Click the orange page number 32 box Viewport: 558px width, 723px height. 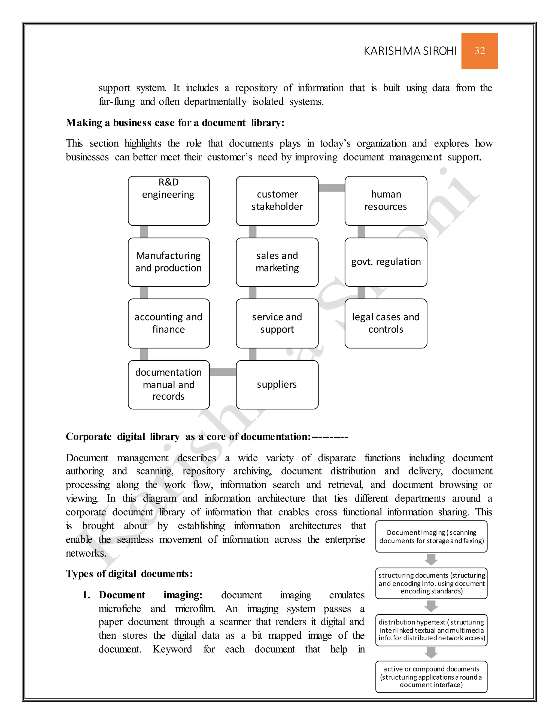[479, 51]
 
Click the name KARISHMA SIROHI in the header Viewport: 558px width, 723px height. [410, 51]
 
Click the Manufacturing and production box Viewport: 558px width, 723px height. [169, 262]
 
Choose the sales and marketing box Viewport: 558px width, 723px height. [277, 262]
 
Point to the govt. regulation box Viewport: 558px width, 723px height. [386, 262]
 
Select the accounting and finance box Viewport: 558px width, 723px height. [169, 323]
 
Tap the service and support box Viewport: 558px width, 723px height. [277, 323]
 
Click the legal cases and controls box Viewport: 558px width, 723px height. [386, 323]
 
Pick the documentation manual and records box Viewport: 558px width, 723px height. [169, 384]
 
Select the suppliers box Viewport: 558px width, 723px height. [277, 384]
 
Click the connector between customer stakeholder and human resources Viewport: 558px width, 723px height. [331, 188]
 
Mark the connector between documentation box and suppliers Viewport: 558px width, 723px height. [223, 372]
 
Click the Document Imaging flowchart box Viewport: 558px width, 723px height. [431, 536]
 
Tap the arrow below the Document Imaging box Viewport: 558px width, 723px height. [431, 560]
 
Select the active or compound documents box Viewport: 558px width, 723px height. [431, 677]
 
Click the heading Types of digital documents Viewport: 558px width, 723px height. [129, 574]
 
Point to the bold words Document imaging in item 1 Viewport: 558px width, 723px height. [150, 595]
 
